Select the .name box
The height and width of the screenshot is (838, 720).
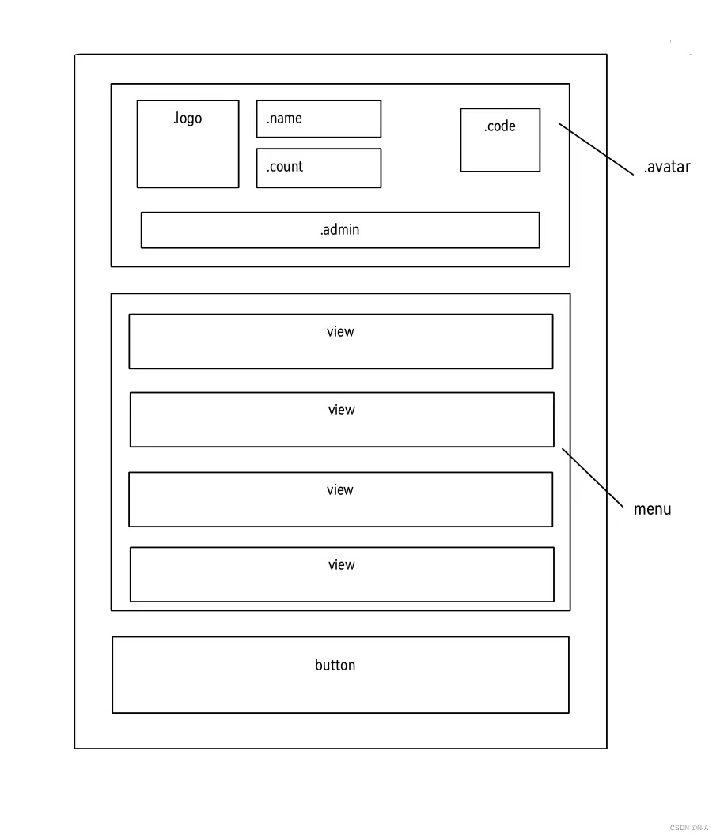click(x=318, y=119)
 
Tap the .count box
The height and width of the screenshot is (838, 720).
click(x=318, y=168)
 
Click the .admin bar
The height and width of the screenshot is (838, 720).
click(x=340, y=230)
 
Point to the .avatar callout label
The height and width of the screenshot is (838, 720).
click(x=667, y=167)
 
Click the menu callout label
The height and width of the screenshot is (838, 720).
click(x=652, y=509)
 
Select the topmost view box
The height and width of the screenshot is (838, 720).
click(x=340, y=342)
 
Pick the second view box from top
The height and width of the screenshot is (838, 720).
click(x=342, y=420)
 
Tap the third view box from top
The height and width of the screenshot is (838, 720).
click(x=340, y=500)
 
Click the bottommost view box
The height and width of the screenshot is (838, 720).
click(x=342, y=575)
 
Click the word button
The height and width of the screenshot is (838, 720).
click(x=335, y=666)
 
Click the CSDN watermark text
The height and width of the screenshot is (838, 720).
click(x=688, y=828)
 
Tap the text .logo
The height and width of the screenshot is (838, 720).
click(x=188, y=119)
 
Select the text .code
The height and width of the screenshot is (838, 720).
click(x=500, y=126)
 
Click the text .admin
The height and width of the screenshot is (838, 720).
click(x=340, y=230)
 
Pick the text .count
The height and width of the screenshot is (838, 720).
click(x=285, y=167)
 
